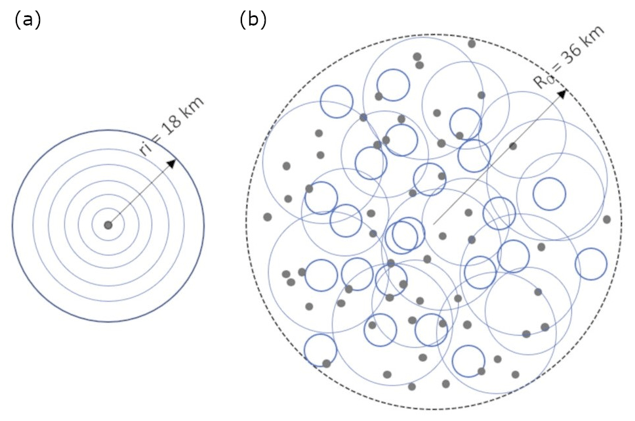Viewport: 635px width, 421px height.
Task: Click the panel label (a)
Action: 27,20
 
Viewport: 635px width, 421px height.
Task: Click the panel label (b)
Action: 253,20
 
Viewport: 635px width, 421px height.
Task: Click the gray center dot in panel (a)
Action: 108,225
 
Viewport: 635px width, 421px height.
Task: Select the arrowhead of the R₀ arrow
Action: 562,94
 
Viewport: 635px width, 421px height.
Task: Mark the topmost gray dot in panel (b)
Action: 472,44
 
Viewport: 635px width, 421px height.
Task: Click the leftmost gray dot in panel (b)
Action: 267,217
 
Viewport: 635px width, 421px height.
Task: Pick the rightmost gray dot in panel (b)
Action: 607,219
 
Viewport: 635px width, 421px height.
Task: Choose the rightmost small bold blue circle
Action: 591,264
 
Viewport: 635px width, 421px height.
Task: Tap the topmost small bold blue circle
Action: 393,85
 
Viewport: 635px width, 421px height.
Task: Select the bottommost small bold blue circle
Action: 469,360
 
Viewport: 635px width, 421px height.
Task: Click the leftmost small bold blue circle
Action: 320,350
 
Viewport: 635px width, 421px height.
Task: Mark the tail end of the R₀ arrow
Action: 434,224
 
